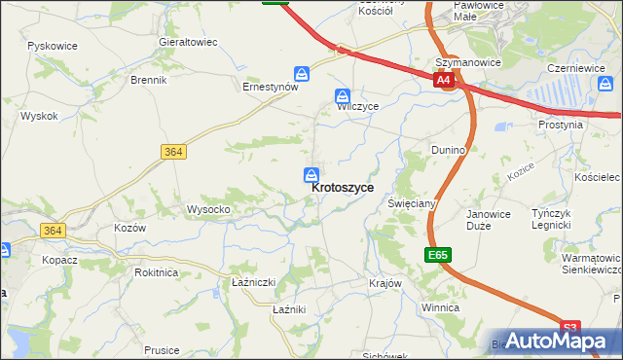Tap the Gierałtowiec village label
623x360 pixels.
(x=188, y=43)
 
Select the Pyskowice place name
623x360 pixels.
(x=53, y=46)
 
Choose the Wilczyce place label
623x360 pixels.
(x=357, y=106)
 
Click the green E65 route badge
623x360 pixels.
(x=438, y=255)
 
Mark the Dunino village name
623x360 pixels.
(x=449, y=150)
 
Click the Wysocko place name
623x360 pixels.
(x=208, y=209)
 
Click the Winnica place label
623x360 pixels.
(x=440, y=307)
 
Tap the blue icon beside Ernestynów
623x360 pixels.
(x=303, y=74)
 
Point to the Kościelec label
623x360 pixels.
(x=597, y=178)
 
